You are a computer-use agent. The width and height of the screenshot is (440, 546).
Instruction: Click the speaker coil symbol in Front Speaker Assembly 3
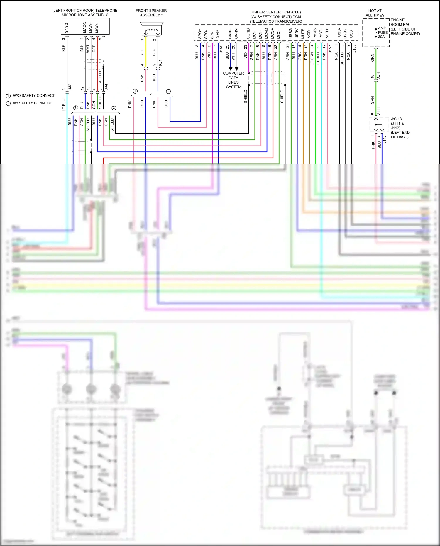(x=152, y=31)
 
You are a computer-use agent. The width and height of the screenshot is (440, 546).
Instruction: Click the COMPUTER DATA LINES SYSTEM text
(x=233, y=80)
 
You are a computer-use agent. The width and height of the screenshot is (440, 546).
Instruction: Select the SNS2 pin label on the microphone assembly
(x=67, y=28)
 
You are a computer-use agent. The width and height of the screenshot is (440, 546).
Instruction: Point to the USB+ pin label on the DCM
(x=351, y=33)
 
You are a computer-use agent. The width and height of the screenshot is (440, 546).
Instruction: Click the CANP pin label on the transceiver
(x=230, y=33)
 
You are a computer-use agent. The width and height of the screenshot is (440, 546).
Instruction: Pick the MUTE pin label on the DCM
(x=303, y=33)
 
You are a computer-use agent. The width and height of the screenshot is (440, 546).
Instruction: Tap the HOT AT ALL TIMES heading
(x=375, y=13)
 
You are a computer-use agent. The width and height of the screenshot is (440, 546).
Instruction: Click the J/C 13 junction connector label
(x=396, y=119)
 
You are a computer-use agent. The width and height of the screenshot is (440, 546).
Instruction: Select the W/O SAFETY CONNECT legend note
(x=34, y=96)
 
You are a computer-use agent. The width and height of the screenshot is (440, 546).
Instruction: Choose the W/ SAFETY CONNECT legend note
(x=32, y=103)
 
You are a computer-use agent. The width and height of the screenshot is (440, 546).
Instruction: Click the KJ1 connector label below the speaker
(x=160, y=63)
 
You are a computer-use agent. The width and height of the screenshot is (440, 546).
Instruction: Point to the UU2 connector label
(x=70, y=87)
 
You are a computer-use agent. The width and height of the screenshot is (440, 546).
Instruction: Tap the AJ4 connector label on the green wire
(x=378, y=75)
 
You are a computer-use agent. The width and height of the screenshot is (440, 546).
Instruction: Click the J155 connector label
(x=221, y=49)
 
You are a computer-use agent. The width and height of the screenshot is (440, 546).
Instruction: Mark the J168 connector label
(x=354, y=48)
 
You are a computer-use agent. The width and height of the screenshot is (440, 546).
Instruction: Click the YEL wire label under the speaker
(x=142, y=52)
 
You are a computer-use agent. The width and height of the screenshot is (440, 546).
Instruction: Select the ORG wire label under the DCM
(x=300, y=56)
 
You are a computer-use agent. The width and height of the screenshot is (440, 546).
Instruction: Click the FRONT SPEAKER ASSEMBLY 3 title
(x=151, y=13)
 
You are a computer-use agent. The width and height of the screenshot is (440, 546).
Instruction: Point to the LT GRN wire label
(x=312, y=59)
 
